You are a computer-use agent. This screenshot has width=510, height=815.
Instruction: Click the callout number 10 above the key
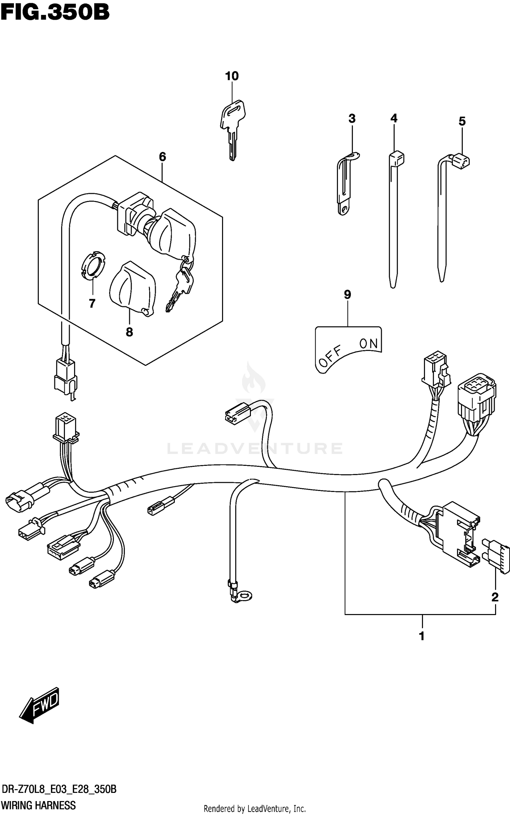click(x=232, y=76)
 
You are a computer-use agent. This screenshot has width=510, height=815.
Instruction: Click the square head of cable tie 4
click(x=396, y=158)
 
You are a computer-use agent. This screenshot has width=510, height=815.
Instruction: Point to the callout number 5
click(x=462, y=121)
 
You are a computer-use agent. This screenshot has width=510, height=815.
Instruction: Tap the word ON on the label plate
click(x=369, y=344)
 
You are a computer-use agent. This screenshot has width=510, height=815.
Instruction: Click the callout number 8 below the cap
click(x=129, y=332)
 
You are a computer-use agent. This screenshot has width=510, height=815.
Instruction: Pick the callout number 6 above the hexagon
click(x=163, y=157)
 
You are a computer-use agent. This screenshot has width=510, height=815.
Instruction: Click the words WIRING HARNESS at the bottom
click(x=38, y=805)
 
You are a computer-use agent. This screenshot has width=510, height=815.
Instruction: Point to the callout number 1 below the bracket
click(x=422, y=636)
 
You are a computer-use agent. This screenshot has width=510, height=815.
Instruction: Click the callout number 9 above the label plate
click(x=347, y=294)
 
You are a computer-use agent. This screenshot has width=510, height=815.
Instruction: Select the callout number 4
click(x=394, y=118)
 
